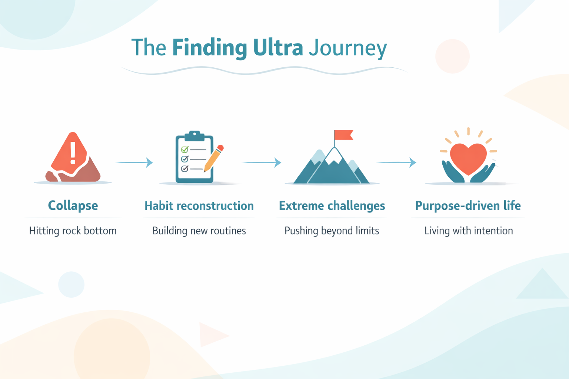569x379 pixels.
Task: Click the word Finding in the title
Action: click(x=209, y=48)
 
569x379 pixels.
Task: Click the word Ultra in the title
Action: click(x=278, y=48)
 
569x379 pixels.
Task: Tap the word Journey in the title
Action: click(x=348, y=48)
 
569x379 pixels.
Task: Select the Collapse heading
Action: click(x=73, y=205)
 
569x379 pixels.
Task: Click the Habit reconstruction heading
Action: click(x=199, y=206)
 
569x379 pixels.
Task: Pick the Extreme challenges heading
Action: click(x=332, y=206)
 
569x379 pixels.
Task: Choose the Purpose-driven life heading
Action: click(x=468, y=205)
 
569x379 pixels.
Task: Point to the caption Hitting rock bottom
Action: click(x=73, y=231)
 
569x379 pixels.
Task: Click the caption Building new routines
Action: click(x=199, y=231)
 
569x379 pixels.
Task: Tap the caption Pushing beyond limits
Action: click(x=332, y=231)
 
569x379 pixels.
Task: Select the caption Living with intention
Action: click(x=469, y=231)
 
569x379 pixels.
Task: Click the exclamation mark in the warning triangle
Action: click(x=73, y=153)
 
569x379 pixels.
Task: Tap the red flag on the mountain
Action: click(x=343, y=135)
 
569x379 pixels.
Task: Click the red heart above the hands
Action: click(x=468, y=158)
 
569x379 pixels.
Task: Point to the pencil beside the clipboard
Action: click(x=214, y=158)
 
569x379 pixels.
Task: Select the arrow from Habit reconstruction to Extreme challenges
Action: click(x=262, y=162)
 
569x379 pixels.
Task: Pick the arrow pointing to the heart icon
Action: click(x=396, y=162)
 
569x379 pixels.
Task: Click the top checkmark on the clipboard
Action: click(x=184, y=150)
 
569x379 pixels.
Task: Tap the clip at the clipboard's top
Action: click(x=194, y=135)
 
